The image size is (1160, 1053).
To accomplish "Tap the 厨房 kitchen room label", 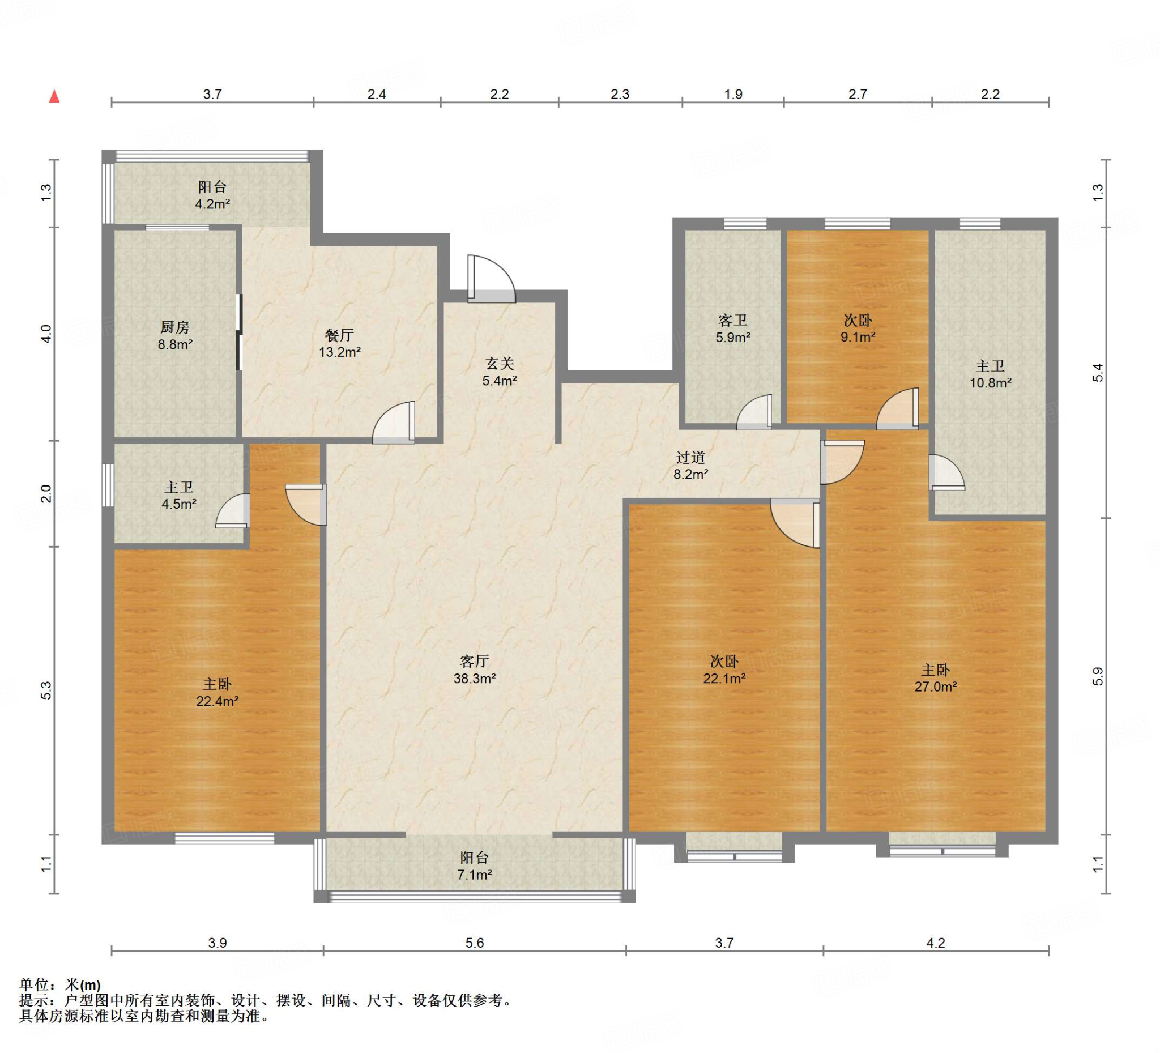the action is pyautogui.click(x=175, y=335).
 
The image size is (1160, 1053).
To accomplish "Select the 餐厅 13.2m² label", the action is pyautogui.click(x=339, y=343).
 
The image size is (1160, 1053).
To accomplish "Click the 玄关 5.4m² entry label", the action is pyautogui.click(x=500, y=371).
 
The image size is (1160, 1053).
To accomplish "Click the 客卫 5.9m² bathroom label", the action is pyautogui.click(x=732, y=328).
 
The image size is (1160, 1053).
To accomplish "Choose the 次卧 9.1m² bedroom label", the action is pyautogui.click(x=858, y=328).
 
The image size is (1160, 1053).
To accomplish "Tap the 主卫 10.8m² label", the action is pyautogui.click(x=990, y=374).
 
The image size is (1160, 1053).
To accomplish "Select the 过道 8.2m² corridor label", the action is pyautogui.click(x=690, y=466).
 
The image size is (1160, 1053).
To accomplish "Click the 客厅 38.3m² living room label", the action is pyautogui.click(x=474, y=669).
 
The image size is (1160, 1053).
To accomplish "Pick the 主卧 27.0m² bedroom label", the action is pyautogui.click(x=936, y=678).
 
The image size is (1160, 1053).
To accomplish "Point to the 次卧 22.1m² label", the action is pyautogui.click(x=724, y=670).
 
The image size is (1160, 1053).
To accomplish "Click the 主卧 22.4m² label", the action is pyautogui.click(x=217, y=692).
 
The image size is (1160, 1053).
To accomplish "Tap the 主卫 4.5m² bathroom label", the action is pyautogui.click(x=179, y=496).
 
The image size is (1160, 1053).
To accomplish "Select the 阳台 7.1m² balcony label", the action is pyautogui.click(x=474, y=866).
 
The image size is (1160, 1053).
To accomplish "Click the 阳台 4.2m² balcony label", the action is pyautogui.click(x=212, y=194).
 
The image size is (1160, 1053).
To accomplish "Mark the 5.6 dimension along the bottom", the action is pyautogui.click(x=475, y=943).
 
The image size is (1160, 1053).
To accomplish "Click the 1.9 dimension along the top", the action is pyautogui.click(x=733, y=94).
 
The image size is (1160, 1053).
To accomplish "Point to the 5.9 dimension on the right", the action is pyautogui.click(x=1097, y=676).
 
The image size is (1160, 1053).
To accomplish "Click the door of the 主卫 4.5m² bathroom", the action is pyautogui.click(x=233, y=511).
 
